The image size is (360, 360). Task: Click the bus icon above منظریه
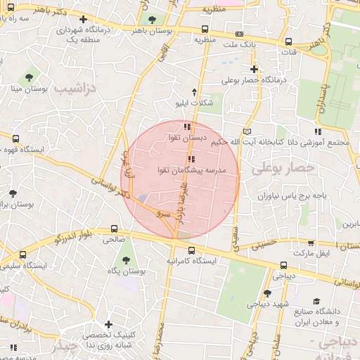205,30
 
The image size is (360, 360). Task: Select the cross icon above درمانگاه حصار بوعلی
254,69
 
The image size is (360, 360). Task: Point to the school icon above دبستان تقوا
186,127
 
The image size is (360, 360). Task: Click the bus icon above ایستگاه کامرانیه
191,250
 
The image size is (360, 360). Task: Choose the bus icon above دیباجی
283,265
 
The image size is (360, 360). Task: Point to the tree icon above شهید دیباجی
267,294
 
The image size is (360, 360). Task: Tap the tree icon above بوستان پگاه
125,259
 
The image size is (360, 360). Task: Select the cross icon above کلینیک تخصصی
108,324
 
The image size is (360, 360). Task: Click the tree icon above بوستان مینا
29,77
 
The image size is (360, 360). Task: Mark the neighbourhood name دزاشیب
79,87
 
